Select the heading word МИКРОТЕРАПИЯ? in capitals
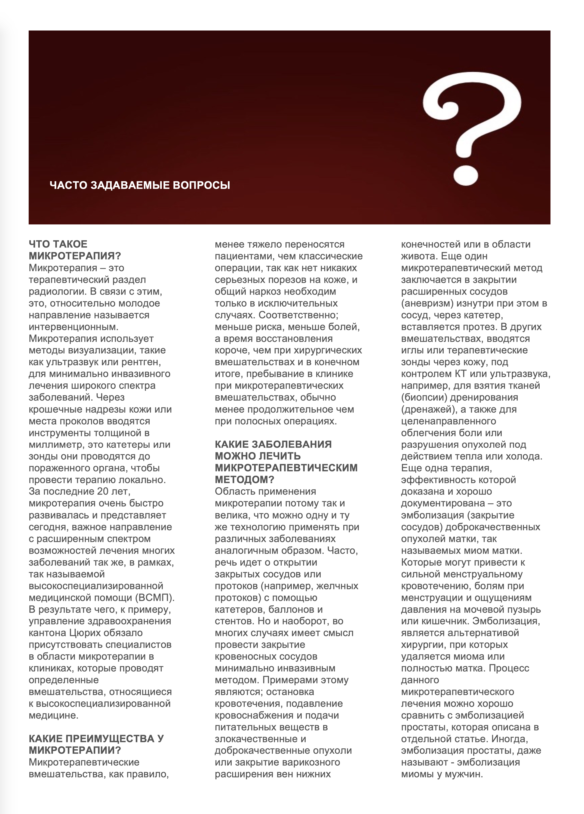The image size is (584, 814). (75, 256)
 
